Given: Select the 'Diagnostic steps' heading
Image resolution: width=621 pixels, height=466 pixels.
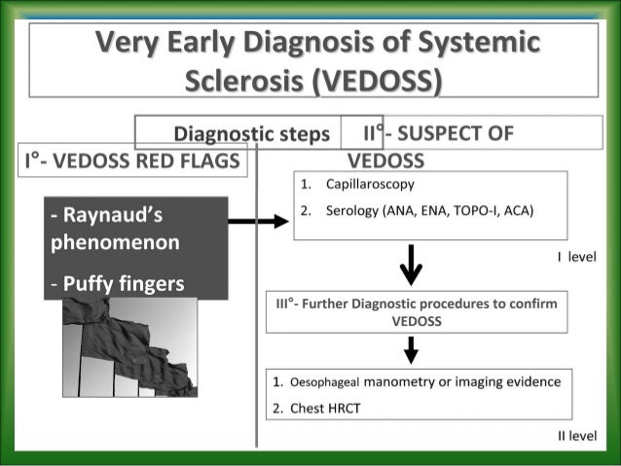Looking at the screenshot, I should pyautogui.click(x=251, y=134).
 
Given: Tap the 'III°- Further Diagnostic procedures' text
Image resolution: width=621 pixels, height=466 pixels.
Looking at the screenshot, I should pyautogui.click(x=389, y=304).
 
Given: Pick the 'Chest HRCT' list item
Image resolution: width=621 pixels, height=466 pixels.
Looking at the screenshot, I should pyautogui.click(x=325, y=408).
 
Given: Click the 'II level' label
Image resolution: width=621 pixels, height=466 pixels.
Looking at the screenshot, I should pyautogui.click(x=576, y=436).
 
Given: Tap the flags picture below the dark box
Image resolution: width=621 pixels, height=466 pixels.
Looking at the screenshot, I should pyautogui.click(x=128, y=347).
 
